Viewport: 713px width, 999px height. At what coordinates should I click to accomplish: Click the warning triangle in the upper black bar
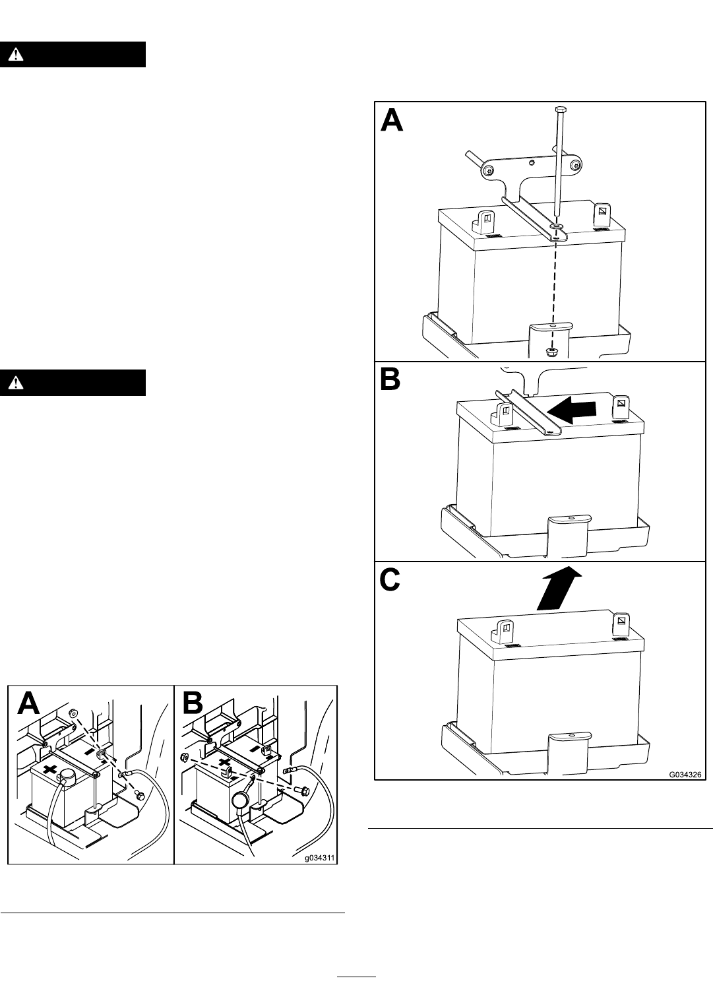pos(16,55)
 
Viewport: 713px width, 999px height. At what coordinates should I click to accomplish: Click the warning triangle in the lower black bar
pos(16,383)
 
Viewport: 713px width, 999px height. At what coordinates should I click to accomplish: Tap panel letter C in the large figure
pos(390,580)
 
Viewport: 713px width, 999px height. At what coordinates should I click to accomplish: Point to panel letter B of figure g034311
pos(193,703)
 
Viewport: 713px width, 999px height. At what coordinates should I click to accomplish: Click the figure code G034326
pos(685,775)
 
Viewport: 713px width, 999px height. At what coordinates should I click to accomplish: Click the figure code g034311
pos(319,858)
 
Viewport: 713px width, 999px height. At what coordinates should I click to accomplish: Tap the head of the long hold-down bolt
pos(560,109)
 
